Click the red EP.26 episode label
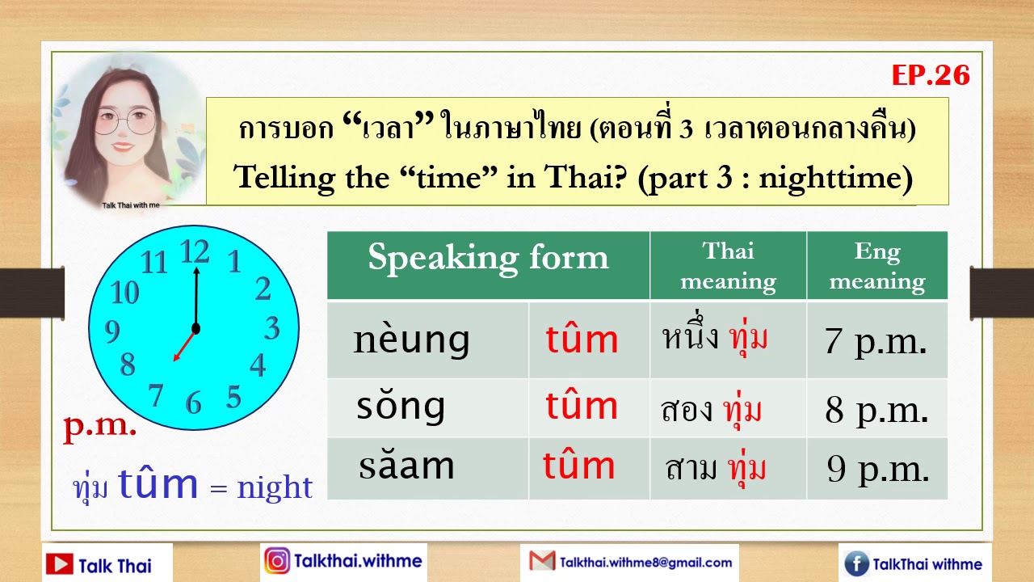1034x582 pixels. point(930,75)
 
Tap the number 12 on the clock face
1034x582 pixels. point(195,252)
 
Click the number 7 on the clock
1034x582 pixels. point(157,394)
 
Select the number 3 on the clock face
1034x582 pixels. point(272,328)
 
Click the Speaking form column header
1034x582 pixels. point(488,258)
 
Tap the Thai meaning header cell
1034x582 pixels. point(728,266)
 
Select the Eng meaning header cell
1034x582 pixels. point(876,266)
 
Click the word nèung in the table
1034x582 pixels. point(411,339)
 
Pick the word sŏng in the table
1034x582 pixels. point(401,406)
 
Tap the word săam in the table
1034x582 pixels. point(406,466)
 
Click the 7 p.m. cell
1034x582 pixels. point(876,342)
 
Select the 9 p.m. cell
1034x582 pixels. point(877,469)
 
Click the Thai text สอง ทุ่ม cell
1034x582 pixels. point(711,411)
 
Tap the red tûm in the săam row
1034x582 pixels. point(578,466)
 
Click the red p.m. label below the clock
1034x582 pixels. point(100,426)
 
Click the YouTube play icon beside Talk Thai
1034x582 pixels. point(60,564)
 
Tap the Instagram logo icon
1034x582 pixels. point(277,561)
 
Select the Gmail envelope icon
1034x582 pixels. point(542,561)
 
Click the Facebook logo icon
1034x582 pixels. point(856,564)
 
